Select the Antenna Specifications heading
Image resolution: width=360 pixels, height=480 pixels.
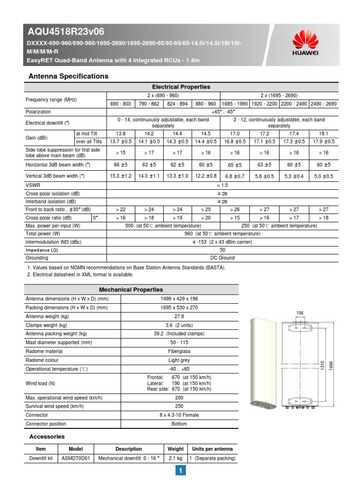pyautogui.click(x=68, y=76)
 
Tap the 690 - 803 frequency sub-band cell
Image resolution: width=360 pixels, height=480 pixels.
pyautogui.click(x=120, y=104)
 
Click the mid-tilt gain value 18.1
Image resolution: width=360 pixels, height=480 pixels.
pyautogui.click(x=323, y=134)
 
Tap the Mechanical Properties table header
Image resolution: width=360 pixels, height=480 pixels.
pyautogui.click(x=131, y=290)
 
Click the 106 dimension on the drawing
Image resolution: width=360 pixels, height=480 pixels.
pyautogui.click(x=300, y=313)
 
